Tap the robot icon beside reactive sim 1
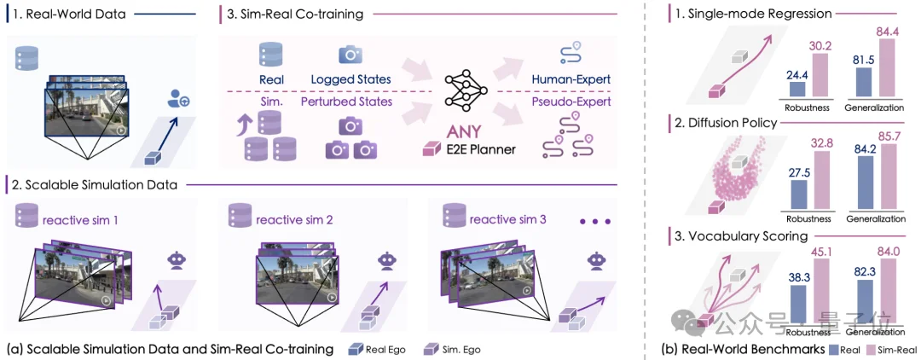[x=179, y=258]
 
